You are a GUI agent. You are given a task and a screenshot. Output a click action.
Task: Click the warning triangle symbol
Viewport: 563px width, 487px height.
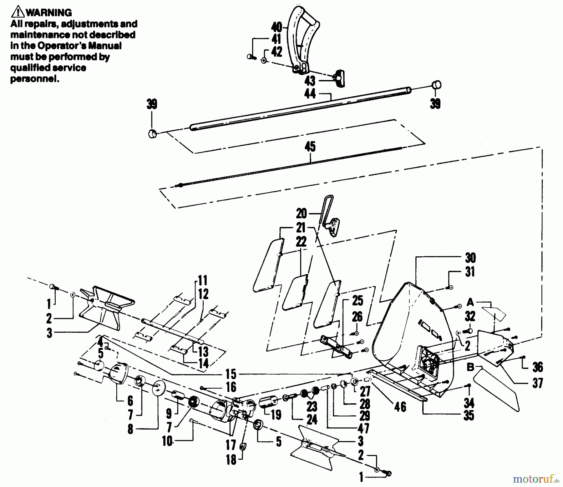(x=18, y=12)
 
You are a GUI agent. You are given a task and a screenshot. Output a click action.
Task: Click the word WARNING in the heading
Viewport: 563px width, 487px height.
(x=48, y=13)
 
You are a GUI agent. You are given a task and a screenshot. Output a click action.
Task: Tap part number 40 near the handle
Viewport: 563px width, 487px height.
(x=276, y=27)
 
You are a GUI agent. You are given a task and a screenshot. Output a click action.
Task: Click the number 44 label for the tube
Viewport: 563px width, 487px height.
(x=310, y=93)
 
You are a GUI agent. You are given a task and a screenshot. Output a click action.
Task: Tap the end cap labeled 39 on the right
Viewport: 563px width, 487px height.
(x=437, y=84)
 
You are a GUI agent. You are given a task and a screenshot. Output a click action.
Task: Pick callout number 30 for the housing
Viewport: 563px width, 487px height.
(x=470, y=258)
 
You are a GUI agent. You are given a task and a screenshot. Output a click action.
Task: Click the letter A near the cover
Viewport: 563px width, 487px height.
(x=470, y=302)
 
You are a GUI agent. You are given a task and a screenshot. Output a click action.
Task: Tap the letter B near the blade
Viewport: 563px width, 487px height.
(x=470, y=368)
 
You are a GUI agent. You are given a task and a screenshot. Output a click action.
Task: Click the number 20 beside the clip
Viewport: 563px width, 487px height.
(x=302, y=214)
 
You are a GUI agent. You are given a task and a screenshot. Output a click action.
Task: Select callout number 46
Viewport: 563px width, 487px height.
(x=400, y=407)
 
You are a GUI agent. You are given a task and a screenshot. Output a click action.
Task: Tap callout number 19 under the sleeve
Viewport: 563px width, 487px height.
(x=276, y=415)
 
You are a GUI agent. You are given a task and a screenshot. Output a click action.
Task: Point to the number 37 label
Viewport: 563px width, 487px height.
(x=537, y=383)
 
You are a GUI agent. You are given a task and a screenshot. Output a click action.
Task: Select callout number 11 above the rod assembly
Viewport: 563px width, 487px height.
(x=202, y=280)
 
